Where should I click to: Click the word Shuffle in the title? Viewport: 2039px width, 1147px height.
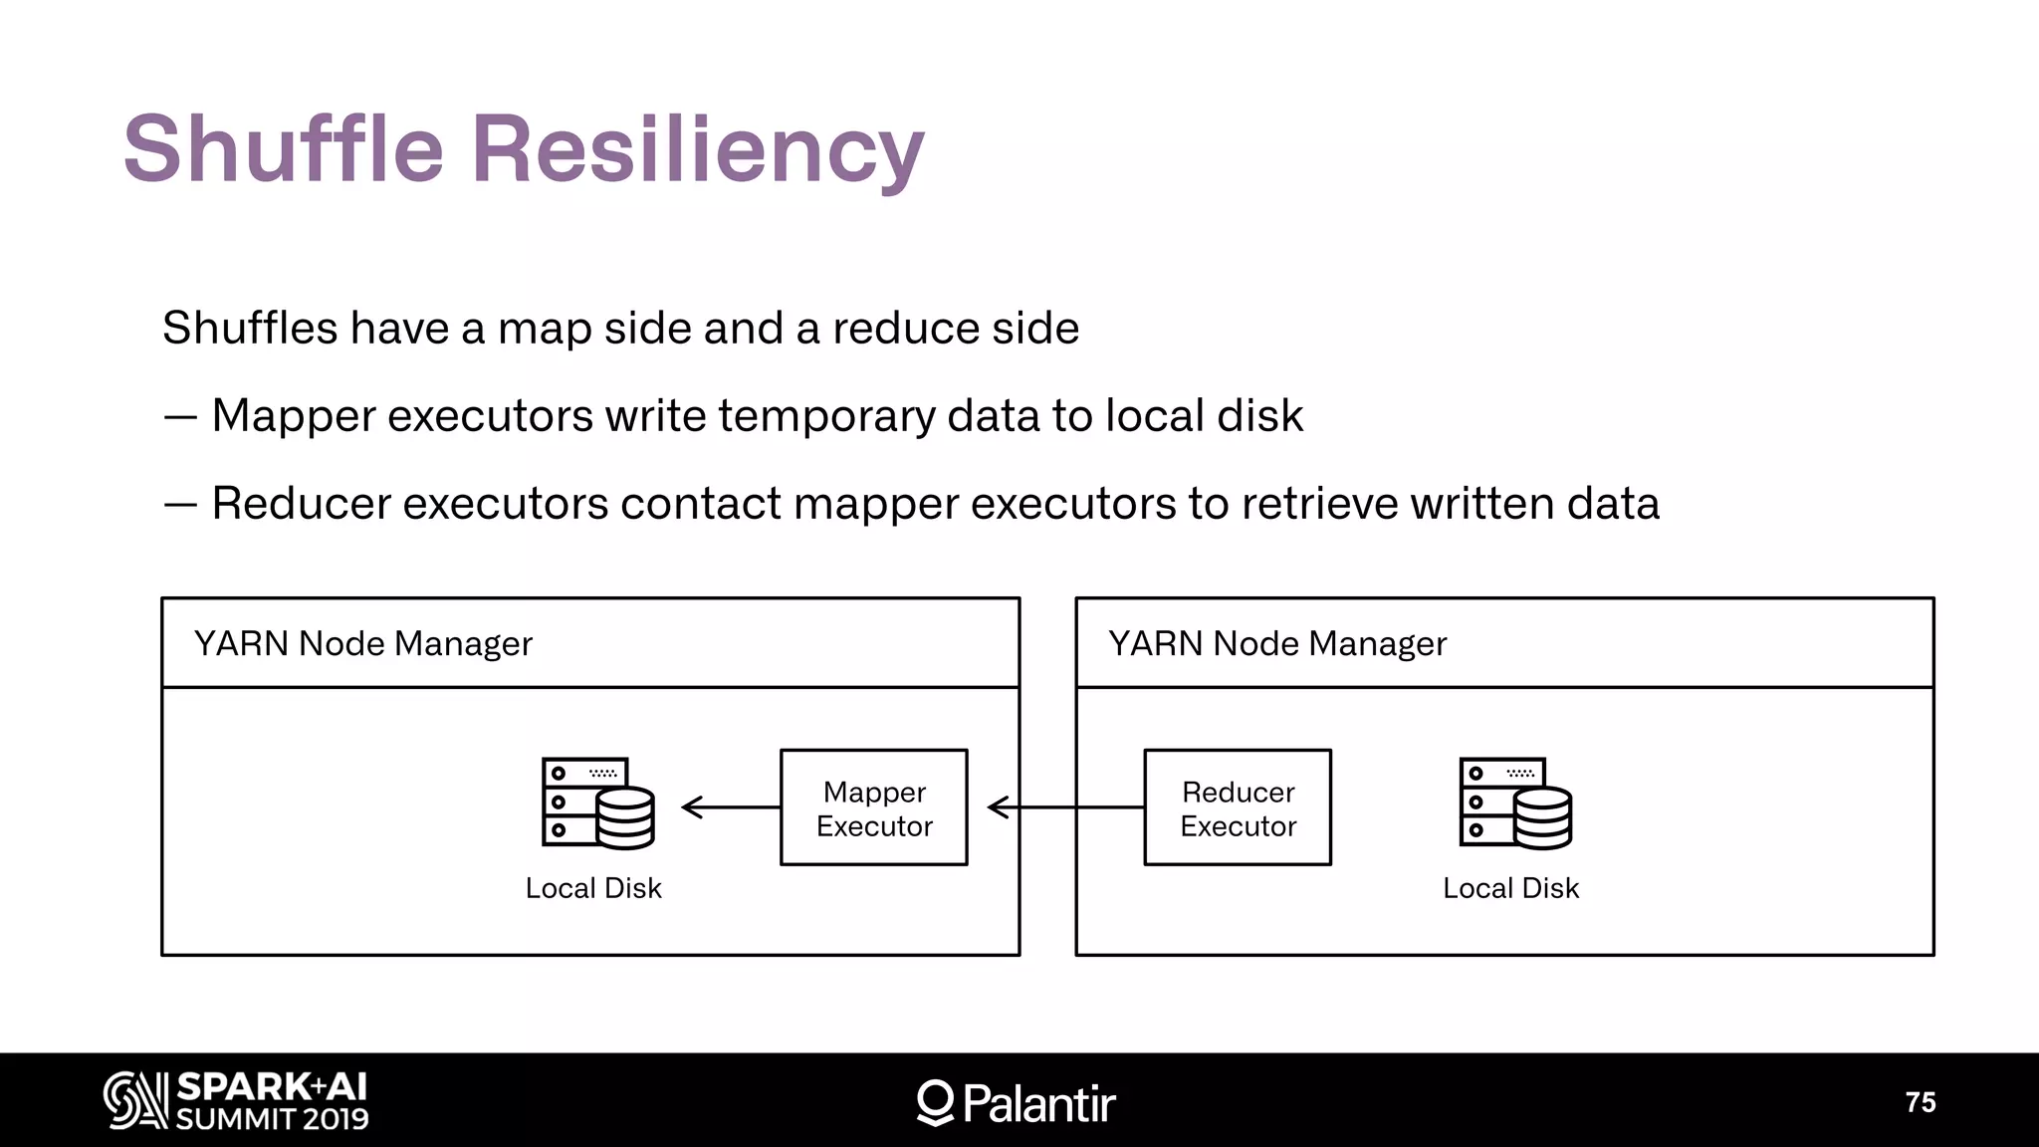[284, 149]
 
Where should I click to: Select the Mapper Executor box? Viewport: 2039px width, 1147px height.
[873, 807]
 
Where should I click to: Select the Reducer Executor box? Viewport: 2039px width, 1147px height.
[1238, 807]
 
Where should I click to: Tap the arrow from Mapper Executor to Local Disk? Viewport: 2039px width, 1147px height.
[732, 807]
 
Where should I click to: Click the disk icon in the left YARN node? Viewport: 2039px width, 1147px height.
[597, 803]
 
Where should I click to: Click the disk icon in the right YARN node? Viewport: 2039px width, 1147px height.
[1515, 803]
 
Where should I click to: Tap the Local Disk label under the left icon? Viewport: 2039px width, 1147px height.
[593, 888]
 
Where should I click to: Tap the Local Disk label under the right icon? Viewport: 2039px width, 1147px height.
[1510, 888]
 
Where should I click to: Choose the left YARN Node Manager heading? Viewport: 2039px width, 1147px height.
[363, 644]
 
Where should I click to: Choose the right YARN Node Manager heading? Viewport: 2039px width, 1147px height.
[1277, 644]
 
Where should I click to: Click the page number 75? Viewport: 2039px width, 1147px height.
[1920, 1102]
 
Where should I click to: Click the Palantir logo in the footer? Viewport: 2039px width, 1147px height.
[1016, 1103]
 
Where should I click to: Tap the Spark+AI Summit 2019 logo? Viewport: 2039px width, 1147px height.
[237, 1101]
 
